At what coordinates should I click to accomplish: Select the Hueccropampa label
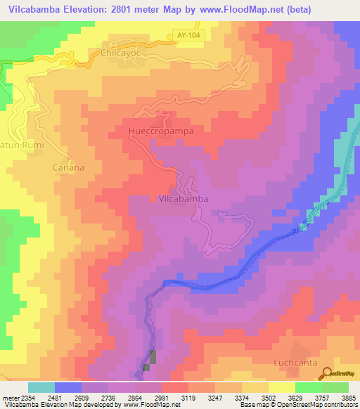pos(161,131)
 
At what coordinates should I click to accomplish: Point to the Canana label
pos(68,168)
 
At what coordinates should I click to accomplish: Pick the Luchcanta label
pos(295,363)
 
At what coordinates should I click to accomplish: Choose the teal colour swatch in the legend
pos(41,387)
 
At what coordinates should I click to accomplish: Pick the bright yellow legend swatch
pos(282,387)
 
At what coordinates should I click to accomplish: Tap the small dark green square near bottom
pos(146,367)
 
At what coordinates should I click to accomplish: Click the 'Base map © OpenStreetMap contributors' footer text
pos(298,404)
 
